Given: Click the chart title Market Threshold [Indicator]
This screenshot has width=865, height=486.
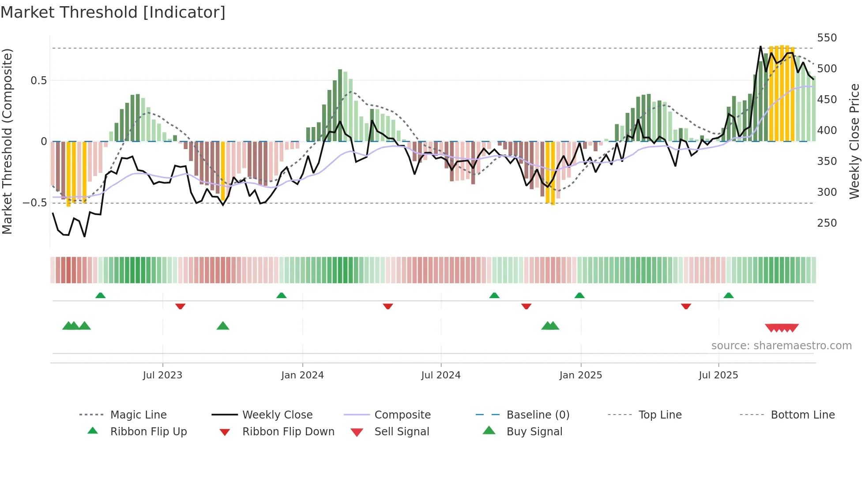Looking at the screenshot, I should pyautogui.click(x=113, y=12).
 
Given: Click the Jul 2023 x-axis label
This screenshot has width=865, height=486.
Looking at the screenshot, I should pyautogui.click(x=162, y=375).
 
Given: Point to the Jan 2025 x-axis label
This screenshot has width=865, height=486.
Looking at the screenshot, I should pyautogui.click(x=580, y=375).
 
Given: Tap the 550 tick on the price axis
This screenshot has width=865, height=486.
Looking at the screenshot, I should pyautogui.click(x=827, y=38).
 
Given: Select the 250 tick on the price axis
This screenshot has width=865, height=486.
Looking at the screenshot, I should pyautogui.click(x=827, y=223).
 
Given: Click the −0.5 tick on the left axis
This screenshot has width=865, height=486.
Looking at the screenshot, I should pyautogui.click(x=35, y=203).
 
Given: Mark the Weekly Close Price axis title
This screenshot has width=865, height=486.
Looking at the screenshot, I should pyautogui.click(x=854, y=141).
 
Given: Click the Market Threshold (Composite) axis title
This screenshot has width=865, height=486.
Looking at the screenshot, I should pyautogui.click(x=8, y=141).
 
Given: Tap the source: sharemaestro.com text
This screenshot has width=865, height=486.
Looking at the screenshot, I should pyautogui.click(x=781, y=346).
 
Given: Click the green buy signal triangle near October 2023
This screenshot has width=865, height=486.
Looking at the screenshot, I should pyautogui.click(x=223, y=326).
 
